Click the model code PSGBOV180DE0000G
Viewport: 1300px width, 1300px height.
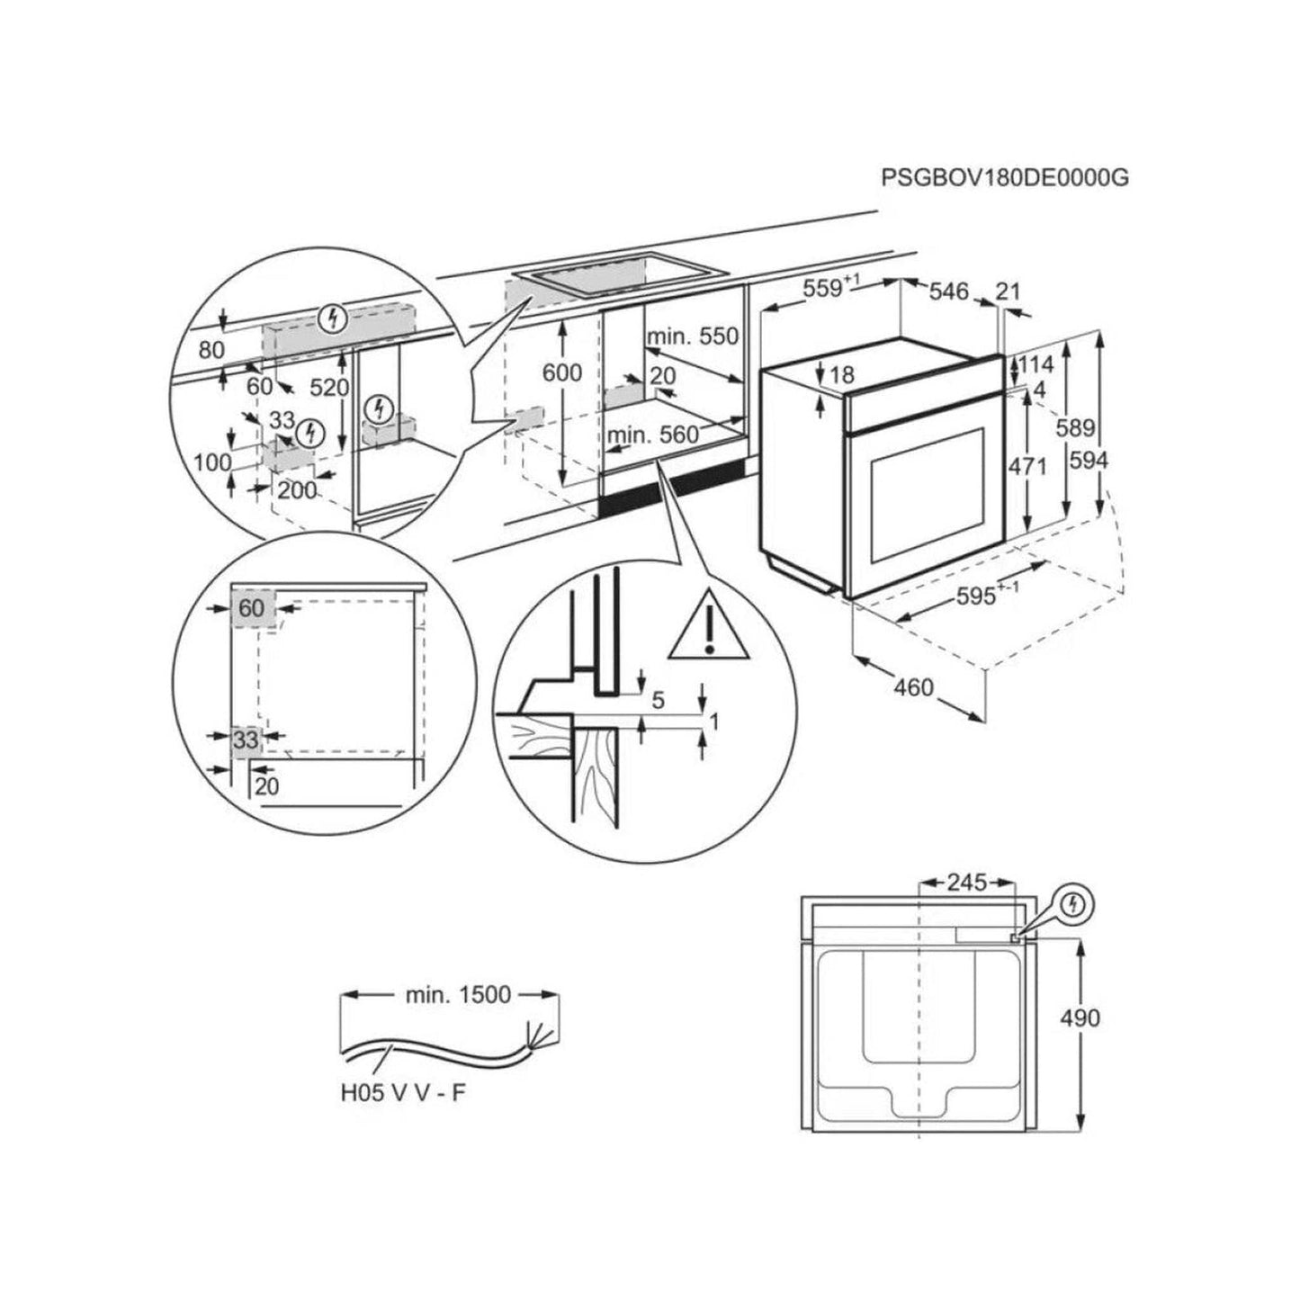tap(1004, 177)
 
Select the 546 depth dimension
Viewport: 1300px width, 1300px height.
tap(948, 291)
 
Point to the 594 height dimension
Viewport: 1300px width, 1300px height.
tap(1089, 460)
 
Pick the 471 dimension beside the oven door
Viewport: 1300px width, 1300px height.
tap(1027, 466)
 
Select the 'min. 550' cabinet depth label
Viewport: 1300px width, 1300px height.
tap(692, 336)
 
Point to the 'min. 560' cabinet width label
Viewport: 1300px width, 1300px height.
tap(652, 435)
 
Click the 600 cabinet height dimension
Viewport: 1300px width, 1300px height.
tap(562, 372)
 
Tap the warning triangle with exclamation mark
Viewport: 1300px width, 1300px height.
tap(709, 625)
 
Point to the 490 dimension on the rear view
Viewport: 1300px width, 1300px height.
tap(1080, 1018)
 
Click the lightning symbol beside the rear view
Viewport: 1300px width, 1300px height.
tap(1070, 904)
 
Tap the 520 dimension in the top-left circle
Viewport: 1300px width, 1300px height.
tap(330, 387)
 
